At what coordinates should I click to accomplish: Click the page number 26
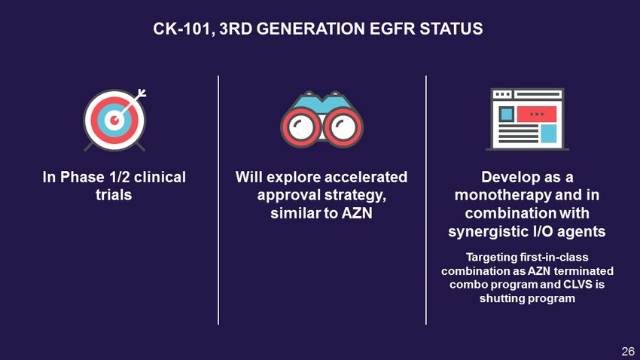coord(628,351)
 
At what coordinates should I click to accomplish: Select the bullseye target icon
coord(114,120)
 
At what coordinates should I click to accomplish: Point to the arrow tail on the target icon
coord(142,93)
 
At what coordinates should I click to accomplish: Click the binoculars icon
coord(322,119)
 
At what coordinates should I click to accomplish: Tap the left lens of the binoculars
coord(301,127)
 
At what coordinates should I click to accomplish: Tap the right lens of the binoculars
coord(343,127)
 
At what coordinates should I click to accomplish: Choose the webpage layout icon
coord(527,119)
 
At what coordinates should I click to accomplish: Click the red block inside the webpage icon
coord(536,114)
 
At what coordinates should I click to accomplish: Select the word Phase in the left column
coord(82,177)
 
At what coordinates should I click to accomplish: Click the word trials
coord(114,195)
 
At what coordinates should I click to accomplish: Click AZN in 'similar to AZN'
coord(357,213)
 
